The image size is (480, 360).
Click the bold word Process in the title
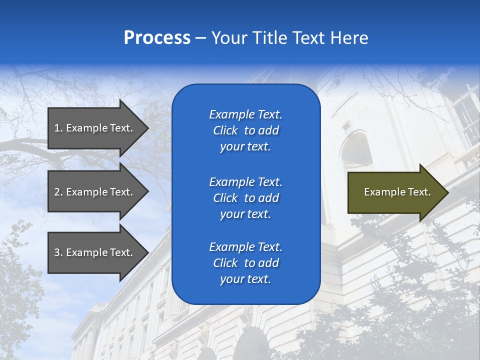[157, 38]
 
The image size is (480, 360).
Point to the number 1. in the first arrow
[58, 128]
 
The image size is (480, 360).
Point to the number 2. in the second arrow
[58, 192]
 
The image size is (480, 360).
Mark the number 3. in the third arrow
[58, 252]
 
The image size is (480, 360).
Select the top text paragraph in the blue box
[245, 130]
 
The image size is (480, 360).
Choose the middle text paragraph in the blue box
[245, 197]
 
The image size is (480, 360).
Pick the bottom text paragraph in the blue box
[245, 263]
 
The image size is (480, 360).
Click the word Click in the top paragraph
[225, 130]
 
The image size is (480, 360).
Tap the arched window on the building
[356, 147]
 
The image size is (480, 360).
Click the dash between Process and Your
[200, 38]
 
